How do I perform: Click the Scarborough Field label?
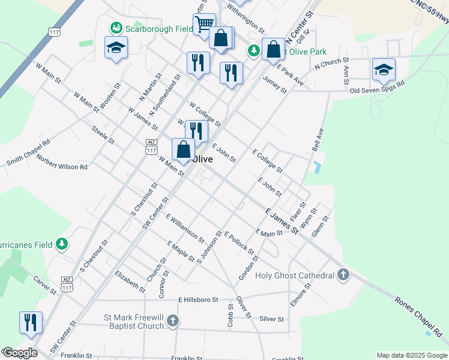pyautogui.click(x=158, y=29)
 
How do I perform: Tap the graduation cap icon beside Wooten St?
pyautogui.click(x=116, y=48)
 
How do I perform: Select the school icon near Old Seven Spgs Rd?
pyautogui.click(x=384, y=70)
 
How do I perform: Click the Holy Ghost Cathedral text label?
pyautogui.click(x=294, y=275)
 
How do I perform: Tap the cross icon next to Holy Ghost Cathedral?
pyautogui.click(x=343, y=275)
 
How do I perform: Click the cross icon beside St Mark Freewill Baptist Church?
pyautogui.click(x=173, y=322)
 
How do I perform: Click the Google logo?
pyautogui.click(x=19, y=353)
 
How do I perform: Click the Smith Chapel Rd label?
pyautogui.click(x=28, y=153)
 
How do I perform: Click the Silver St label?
pyautogui.click(x=271, y=319)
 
